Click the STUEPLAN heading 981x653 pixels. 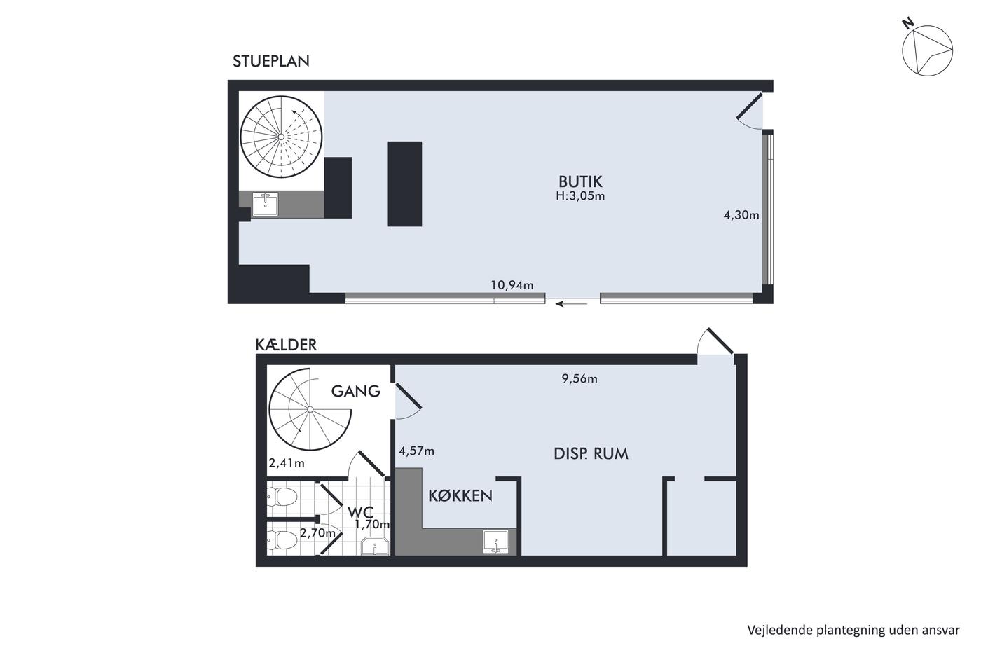(270, 61)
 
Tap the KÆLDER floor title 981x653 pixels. (286, 345)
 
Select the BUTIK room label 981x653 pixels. (580, 181)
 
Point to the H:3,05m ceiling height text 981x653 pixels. (580, 195)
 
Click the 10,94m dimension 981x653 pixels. (512, 285)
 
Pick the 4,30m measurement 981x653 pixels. (741, 215)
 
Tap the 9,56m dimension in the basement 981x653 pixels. (579, 378)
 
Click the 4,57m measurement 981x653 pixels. (416, 451)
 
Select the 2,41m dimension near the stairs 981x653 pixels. (287, 463)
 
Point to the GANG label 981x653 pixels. (356, 391)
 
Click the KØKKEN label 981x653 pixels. (460, 496)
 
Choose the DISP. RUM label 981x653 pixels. (591, 454)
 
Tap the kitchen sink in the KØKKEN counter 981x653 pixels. (496, 542)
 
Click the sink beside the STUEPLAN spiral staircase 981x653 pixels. (266, 205)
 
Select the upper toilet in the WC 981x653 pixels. (282, 497)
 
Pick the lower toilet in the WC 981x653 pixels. (282, 540)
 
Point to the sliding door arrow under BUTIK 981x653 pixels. (572, 303)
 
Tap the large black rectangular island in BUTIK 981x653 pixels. (405, 184)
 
